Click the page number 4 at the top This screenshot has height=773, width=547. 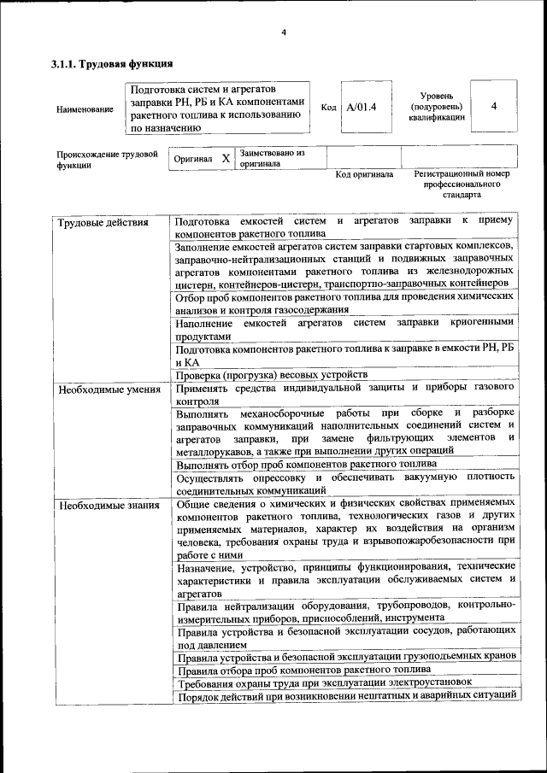(x=283, y=33)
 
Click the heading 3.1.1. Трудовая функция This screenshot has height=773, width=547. (x=112, y=63)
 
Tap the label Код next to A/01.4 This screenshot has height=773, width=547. (x=328, y=108)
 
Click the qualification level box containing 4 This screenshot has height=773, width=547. (x=494, y=106)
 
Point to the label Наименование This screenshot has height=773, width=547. (x=84, y=109)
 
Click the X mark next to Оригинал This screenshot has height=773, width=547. (x=226, y=159)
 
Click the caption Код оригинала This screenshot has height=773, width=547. (x=364, y=174)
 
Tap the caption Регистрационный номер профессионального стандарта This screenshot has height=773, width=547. (x=462, y=184)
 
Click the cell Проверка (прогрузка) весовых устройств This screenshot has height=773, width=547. (x=271, y=374)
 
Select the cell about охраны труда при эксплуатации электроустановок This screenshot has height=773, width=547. (x=324, y=682)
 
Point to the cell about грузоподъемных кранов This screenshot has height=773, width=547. (x=346, y=656)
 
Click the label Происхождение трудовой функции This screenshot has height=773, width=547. (x=107, y=160)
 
